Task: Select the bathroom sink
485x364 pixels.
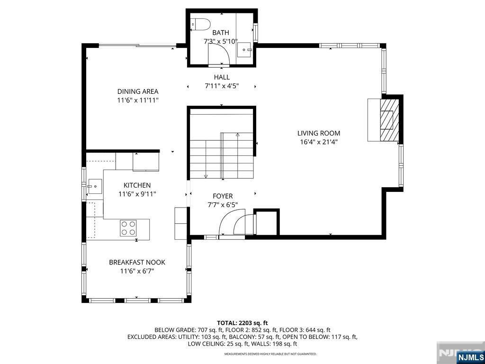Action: coord(244,49)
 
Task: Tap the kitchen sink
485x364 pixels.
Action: coord(94,185)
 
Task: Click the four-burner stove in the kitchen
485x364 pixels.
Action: coord(128,228)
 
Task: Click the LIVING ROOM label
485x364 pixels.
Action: coord(319,133)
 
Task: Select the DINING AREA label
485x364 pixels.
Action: coord(138,91)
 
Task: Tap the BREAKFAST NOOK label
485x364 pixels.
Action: coord(137,262)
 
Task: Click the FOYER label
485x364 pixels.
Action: coord(222,196)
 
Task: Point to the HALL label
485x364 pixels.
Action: coord(221,77)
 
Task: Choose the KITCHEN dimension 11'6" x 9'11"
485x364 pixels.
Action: coord(137,194)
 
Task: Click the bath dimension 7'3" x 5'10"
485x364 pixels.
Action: coord(221,41)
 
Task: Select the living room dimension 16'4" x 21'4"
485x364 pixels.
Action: coord(319,142)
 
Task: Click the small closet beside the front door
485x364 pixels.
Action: coord(266,221)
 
